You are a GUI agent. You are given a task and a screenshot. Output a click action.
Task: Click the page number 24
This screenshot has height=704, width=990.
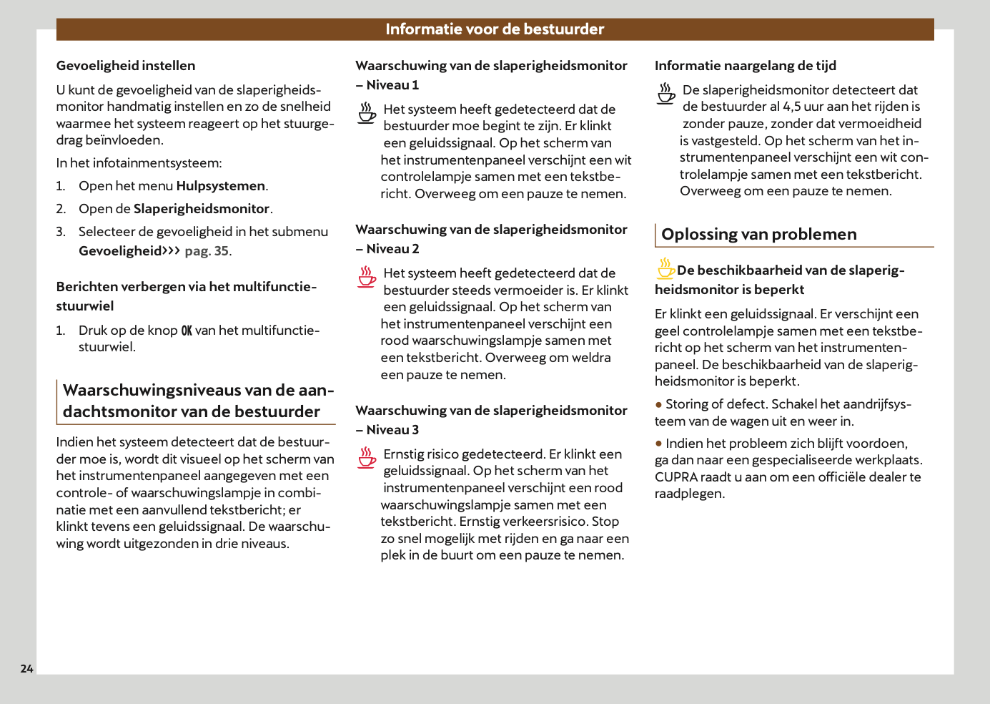(x=26, y=668)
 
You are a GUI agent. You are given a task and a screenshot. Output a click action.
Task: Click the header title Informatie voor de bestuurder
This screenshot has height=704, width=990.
(x=495, y=29)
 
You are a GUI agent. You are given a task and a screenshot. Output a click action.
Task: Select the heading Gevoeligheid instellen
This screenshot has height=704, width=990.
(x=126, y=66)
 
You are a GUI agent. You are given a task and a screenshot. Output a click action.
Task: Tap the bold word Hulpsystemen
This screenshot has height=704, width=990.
(x=221, y=186)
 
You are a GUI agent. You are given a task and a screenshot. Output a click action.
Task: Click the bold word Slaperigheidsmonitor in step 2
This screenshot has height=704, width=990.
(x=202, y=209)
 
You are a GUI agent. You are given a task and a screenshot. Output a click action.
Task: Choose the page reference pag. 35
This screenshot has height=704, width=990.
(x=207, y=251)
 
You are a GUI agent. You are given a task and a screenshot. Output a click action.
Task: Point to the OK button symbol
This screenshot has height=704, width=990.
(x=187, y=331)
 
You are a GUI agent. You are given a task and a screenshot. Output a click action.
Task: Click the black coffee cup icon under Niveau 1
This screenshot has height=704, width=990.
(x=367, y=113)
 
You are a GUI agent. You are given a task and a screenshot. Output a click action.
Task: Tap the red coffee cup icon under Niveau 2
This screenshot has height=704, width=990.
(x=367, y=277)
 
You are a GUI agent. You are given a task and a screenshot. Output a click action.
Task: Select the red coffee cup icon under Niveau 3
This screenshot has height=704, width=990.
(x=367, y=458)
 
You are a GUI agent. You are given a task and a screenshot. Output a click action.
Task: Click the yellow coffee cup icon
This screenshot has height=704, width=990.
(x=665, y=268)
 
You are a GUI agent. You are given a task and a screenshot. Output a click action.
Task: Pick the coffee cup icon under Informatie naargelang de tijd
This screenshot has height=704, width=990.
(x=665, y=94)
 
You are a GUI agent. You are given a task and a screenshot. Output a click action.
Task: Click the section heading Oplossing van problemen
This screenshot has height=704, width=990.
(x=758, y=235)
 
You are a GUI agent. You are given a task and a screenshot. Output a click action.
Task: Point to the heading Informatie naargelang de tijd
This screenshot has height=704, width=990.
(x=746, y=66)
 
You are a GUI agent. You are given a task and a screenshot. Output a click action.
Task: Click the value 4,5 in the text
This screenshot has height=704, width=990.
(x=792, y=107)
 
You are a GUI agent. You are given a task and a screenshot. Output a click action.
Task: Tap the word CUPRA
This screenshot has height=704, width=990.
(x=675, y=477)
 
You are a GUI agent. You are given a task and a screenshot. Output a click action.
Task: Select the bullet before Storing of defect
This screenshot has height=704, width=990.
(x=659, y=405)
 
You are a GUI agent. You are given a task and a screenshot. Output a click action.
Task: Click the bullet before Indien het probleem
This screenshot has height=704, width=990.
(x=659, y=444)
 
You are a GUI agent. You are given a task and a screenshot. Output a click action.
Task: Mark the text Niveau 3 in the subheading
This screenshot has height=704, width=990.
(x=392, y=430)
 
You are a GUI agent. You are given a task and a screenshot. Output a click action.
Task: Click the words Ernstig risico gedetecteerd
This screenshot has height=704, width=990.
(x=464, y=454)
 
